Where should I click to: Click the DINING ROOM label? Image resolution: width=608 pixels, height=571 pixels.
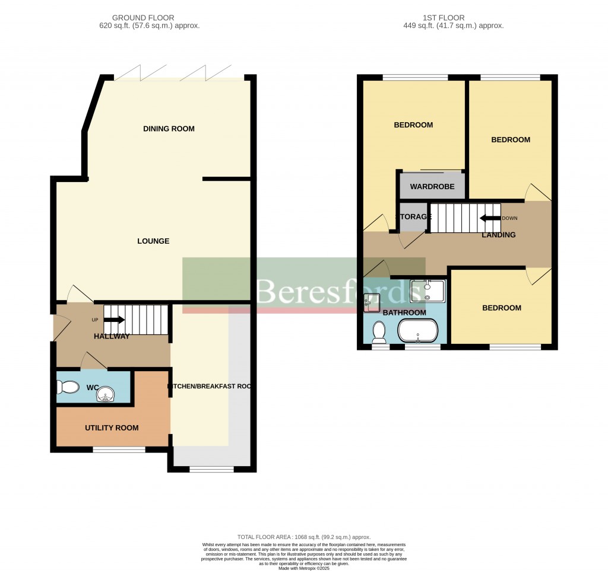[x=169, y=129]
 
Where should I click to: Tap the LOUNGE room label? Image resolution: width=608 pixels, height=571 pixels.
[x=153, y=241]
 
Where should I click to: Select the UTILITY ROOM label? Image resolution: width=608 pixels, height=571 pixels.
[x=112, y=428]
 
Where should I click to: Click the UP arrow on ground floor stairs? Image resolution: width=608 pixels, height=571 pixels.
[x=114, y=320]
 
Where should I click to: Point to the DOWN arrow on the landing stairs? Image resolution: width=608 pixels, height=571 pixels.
[x=490, y=218]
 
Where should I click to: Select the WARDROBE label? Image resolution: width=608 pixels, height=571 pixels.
[x=432, y=187]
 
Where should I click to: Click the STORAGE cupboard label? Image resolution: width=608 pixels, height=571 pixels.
[x=414, y=217]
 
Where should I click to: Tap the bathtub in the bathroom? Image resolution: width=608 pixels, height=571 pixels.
[x=419, y=331]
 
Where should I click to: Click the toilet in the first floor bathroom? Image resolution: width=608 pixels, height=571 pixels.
[x=379, y=333]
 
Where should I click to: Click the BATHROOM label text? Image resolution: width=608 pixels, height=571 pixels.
[x=404, y=312]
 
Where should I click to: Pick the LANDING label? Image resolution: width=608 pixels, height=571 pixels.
[x=498, y=235]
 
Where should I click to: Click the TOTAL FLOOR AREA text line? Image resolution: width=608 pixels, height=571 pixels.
[x=303, y=535]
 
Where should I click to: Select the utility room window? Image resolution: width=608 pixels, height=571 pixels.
[x=119, y=450]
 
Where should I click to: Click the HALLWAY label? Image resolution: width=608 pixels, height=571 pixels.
[x=112, y=336]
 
